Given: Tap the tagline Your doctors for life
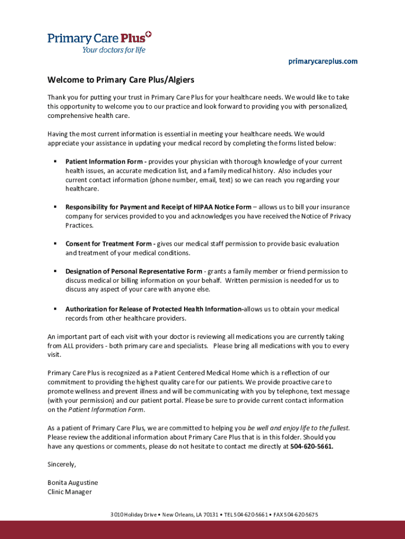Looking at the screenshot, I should tap(113, 51).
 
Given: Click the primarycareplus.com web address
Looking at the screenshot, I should tap(322, 62).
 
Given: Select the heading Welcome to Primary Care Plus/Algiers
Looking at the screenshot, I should tap(121, 80).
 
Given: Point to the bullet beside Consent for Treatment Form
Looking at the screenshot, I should tap(55, 244).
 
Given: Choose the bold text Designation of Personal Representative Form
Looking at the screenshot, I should tap(134, 272).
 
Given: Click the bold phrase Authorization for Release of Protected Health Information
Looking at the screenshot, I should tap(154, 310).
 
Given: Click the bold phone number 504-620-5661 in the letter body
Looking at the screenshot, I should tap(311, 446).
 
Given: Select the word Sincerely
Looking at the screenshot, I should tap(62, 464).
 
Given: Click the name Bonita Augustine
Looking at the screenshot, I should tap(73, 483).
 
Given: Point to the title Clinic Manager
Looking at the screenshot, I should tap(69, 492).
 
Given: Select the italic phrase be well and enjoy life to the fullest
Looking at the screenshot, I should tap(299, 428).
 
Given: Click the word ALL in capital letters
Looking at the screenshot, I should tap(70, 346).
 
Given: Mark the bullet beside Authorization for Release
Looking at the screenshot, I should tap(55, 309).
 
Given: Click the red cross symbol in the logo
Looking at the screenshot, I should tap(148, 35).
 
